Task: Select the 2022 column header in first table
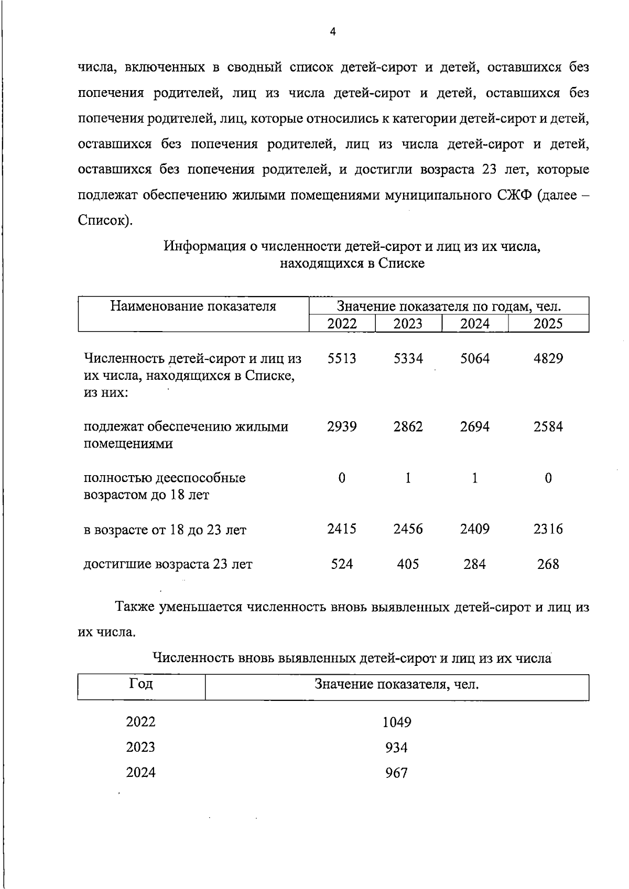(x=342, y=323)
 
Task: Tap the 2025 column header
(x=548, y=323)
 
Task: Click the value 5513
(x=342, y=359)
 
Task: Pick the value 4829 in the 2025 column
(x=548, y=359)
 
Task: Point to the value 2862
(x=408, y=426)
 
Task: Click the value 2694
(x=474, y=426)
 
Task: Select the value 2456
(x=408, y=529)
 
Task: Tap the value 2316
(x=548, y=529)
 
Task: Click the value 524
(x=342, y=564)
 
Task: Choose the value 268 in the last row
(x=548, y=564)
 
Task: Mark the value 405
(x=408, y=564)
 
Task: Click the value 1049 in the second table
(x=396, y=722)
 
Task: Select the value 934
(x=396, y=748)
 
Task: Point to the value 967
(x=396, y=773)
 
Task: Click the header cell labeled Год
(x=140, y=684)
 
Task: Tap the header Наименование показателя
(x=193, y=306)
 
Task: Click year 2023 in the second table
(x=140, y=747)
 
